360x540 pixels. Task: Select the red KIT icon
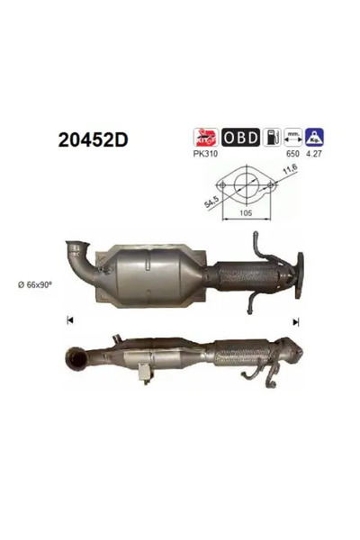[x=206, y=137]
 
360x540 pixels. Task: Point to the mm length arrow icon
[x=292, y=137]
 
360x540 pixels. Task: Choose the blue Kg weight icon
[x=314, y=137]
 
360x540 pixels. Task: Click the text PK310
[x=206, y=154]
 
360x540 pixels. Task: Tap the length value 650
[x=293, y=154]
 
